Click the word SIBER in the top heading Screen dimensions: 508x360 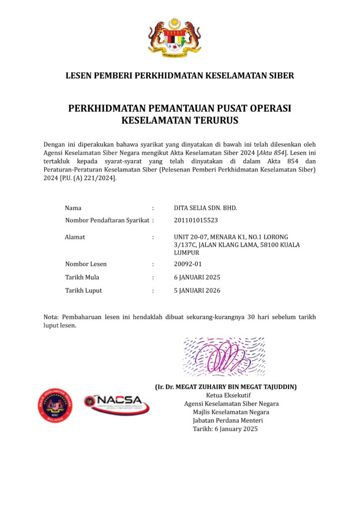(x=280, y=76)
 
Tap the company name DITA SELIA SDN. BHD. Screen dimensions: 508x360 (x=206, y=208)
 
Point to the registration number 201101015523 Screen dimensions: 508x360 (x=196, y=220)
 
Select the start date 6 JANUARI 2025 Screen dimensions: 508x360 (x=197, y=277)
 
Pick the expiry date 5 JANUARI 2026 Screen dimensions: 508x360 (x=197, y=291)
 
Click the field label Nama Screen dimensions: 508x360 (x=73, y=208)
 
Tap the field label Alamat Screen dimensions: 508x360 (x=75, y=237)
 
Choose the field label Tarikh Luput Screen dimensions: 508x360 (x=83, y=291)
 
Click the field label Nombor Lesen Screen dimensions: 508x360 (x=86, y=264)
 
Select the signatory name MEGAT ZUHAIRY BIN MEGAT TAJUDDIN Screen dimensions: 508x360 (x=226, y=386)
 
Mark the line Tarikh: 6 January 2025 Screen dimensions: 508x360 (x=225, y=429)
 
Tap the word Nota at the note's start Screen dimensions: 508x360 (x=51, y=317)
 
